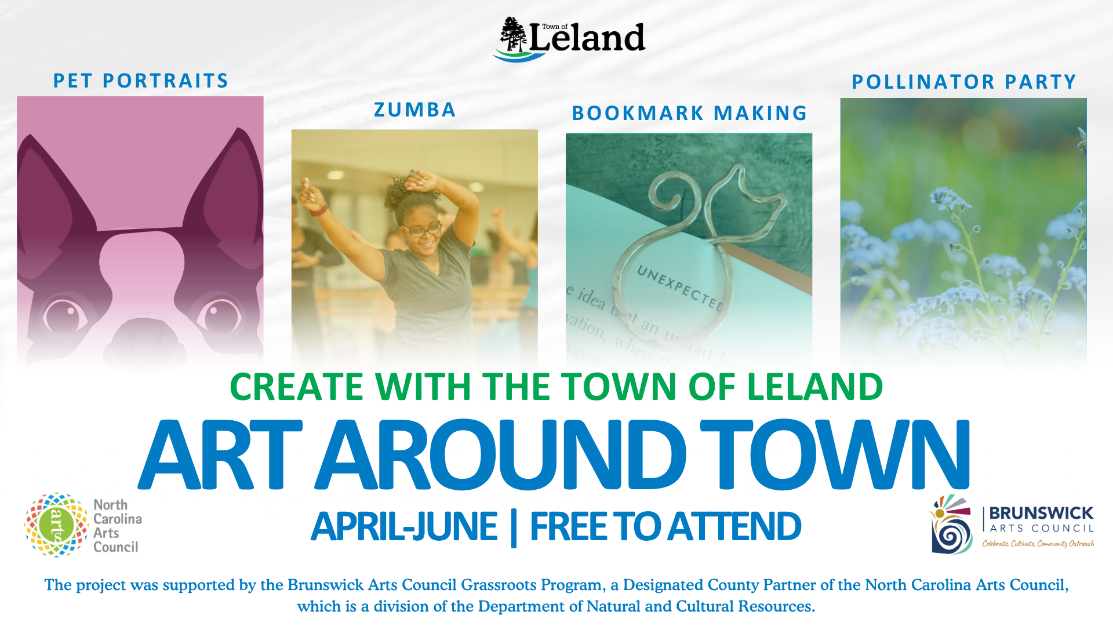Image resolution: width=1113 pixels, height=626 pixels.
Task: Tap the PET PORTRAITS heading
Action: click(x=141, y=81)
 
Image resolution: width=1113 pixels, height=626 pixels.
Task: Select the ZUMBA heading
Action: click(x=414, y=110)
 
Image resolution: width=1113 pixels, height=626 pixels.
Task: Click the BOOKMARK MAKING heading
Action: click(x=689, y=113)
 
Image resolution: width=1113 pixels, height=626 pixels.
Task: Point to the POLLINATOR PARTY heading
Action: click(x=963, y=82)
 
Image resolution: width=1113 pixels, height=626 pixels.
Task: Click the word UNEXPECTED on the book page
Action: click(x=679, y=287)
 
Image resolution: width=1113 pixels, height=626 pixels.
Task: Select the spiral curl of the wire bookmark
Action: click(x=666, y=194)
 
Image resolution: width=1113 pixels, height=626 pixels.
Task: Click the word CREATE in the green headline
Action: click(x=296, y=387)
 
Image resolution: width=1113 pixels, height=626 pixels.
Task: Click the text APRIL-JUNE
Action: click(x=404, y=527)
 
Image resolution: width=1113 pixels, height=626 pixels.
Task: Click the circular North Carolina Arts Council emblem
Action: click(x=56, y=525)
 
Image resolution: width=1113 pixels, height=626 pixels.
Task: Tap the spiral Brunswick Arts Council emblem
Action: click(x=951, y=525)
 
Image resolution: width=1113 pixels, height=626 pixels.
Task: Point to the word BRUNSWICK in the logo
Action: click(x=1041, y=513)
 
